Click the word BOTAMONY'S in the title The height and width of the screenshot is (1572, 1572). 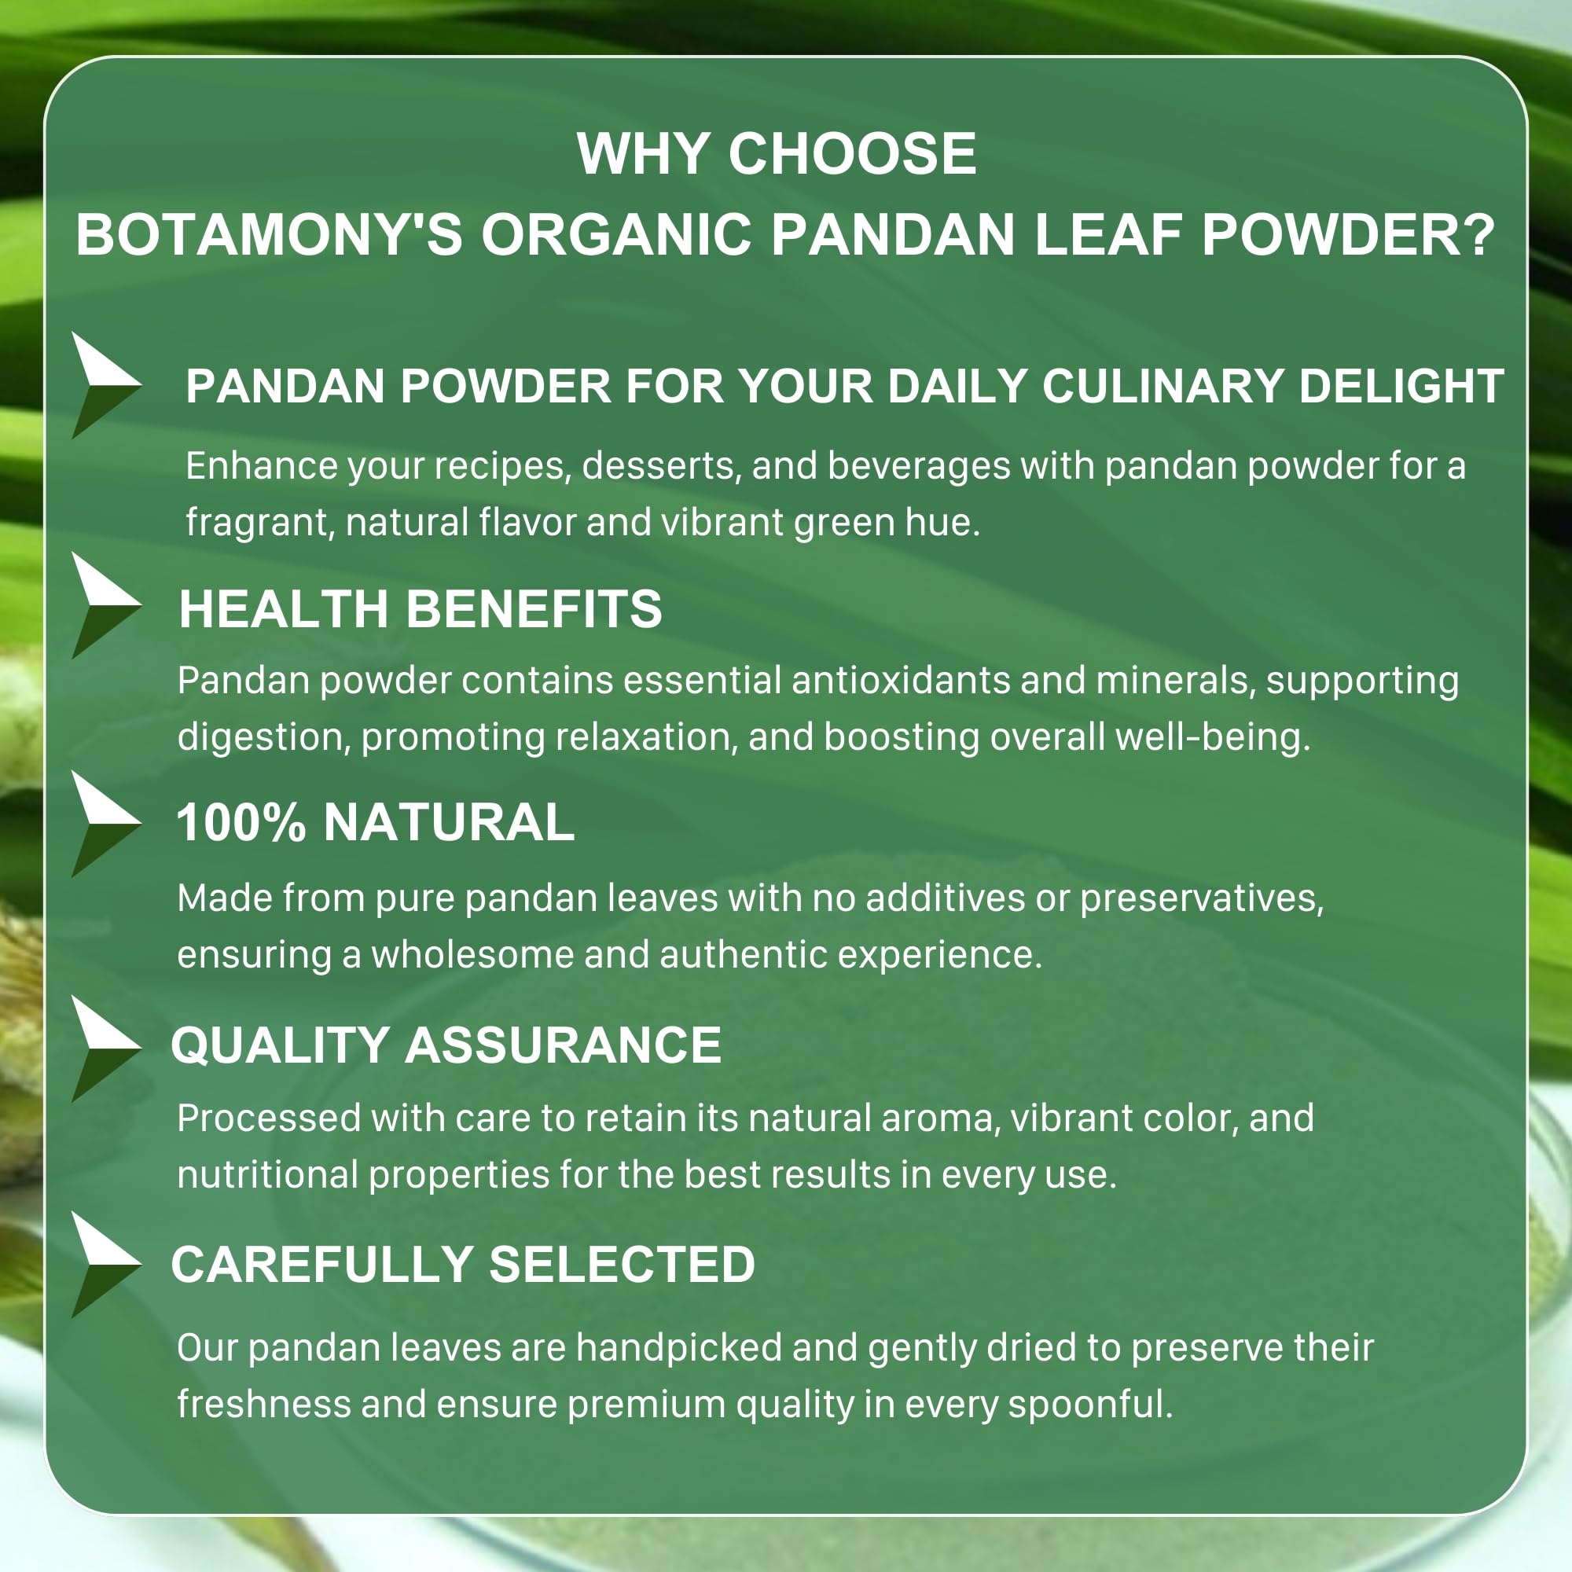point(270,235)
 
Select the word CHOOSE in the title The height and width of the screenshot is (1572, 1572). point(852,153)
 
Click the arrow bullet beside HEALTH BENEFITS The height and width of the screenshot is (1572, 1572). point(107,605)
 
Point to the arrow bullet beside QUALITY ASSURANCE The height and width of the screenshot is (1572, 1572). point(107,1049)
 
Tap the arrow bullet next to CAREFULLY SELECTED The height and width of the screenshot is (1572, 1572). point(107,1265)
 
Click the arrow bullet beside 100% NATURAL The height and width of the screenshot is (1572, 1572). point(107,824)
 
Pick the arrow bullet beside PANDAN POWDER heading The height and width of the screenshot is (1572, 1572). point(107,385)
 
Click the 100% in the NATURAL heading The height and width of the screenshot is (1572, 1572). point(241,822)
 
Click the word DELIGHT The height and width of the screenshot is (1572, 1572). point(1401,386)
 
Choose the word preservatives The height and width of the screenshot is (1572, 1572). point(1202,899)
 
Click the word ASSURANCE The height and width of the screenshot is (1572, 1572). point(563,1045)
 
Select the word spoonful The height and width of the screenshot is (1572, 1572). point(1089,1405)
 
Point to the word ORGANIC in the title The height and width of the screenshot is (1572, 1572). point(616,235)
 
